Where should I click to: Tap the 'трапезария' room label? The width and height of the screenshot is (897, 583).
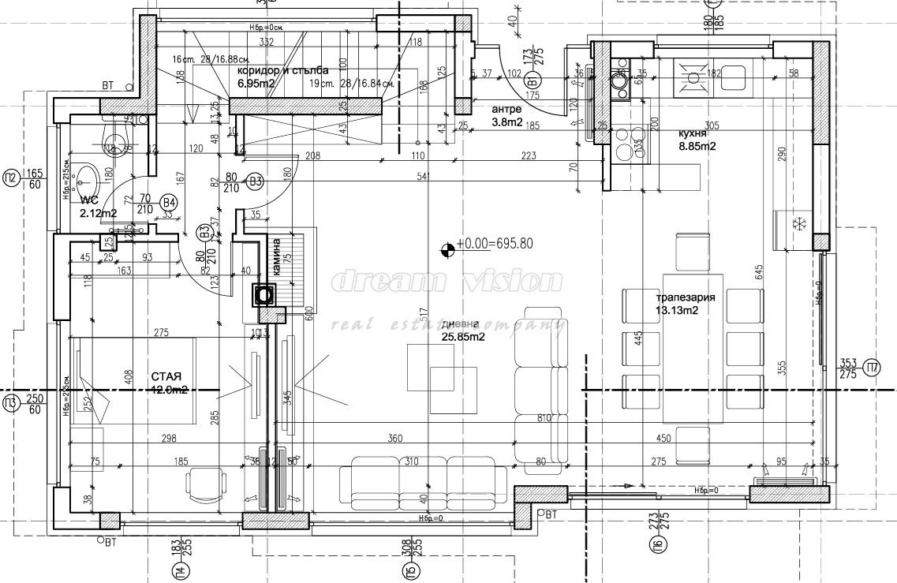(685, 297)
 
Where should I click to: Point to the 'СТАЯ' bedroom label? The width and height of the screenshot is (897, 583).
(169, 376)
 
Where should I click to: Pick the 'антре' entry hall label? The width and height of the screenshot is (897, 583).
(506, 109)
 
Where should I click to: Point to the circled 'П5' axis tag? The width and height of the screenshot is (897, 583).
(406, 567)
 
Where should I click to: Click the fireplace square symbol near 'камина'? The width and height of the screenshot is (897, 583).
(263, 295)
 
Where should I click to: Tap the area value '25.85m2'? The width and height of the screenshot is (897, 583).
(462, 337)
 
